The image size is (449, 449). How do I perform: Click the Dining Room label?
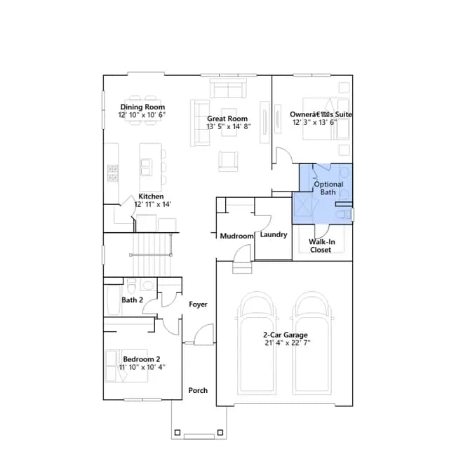pos(142,107)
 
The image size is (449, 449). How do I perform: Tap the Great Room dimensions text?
pos(229,126)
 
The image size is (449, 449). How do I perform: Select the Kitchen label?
pos(152,196)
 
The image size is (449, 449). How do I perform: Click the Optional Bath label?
pos(328,188)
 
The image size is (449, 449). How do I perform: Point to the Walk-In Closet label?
pos(321,246)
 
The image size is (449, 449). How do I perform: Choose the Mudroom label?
pos(237,236)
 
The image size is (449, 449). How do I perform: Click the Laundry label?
pos(274,234)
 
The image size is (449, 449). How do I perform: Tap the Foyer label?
pos(198,304)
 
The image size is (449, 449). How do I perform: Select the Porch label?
pos(198,391)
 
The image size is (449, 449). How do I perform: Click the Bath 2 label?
pos(133,300)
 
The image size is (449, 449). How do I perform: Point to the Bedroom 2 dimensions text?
pos(142,367)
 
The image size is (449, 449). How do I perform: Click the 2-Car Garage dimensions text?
pos(288,343)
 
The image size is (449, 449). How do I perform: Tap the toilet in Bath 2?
pos(131,286)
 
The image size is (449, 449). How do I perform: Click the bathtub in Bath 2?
pos(114,300)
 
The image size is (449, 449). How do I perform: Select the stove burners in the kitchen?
pos(113,173)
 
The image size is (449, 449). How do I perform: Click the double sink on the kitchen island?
pos(147,167)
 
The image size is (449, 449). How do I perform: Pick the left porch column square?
pos(177,432)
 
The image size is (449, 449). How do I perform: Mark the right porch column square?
pos(220,432)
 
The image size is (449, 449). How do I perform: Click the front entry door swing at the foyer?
pos(204,334)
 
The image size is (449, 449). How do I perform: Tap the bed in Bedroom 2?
pos(126,366)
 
